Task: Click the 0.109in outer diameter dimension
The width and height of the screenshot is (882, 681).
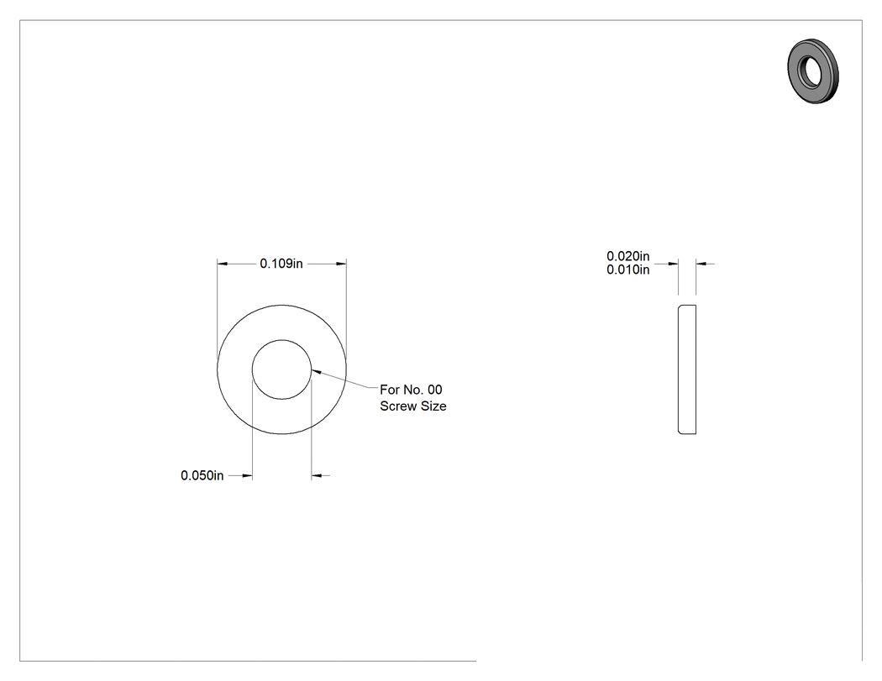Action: (x=281, y=263)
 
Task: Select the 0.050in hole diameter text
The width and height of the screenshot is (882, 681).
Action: (x=202, y=476)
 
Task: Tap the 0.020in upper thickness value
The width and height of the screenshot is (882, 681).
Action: (x=627, y=256)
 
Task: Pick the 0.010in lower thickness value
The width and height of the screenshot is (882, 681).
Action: (x=627, y=270)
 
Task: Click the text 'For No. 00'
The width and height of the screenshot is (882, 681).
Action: (x=412, y=390)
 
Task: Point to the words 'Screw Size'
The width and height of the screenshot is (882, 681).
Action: (x=413, y=406)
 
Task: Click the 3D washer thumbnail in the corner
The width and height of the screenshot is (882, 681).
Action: (x=813, y=71)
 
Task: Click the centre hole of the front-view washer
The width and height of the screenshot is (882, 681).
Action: (x=281, y=369)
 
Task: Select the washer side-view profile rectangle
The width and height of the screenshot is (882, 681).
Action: (x=687, y=369)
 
